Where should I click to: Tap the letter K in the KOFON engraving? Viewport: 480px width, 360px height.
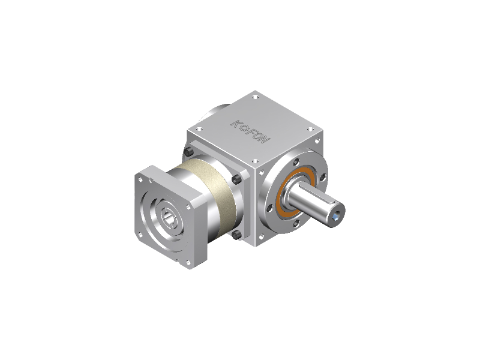235,124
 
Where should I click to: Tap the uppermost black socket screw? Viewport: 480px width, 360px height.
188,152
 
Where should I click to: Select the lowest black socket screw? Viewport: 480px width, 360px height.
236,235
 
